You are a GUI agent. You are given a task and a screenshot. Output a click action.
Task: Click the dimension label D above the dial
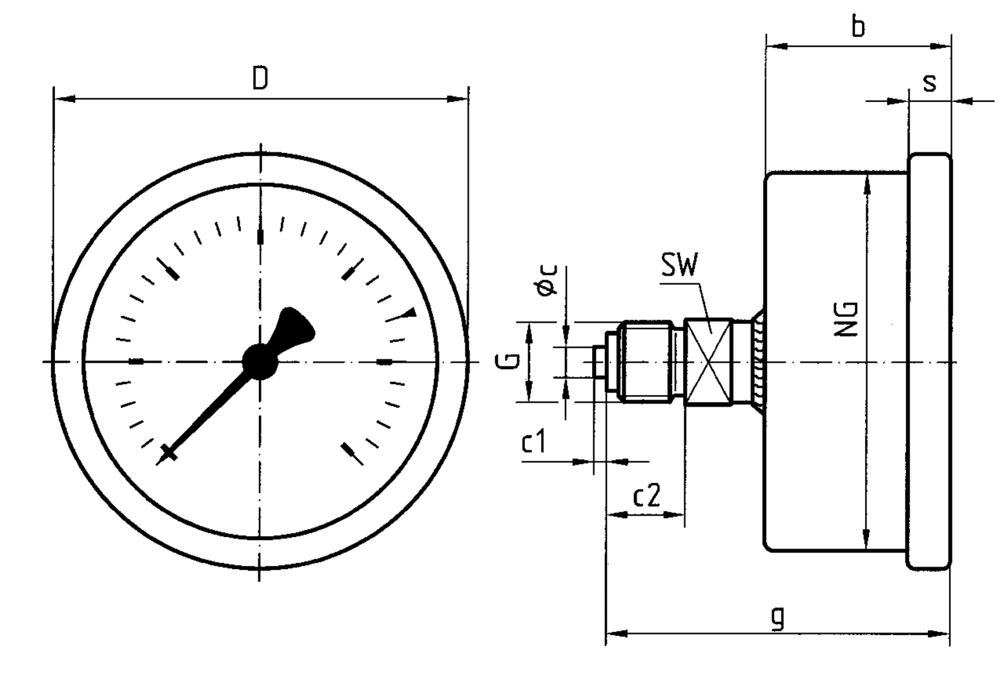click(x=260, y=79)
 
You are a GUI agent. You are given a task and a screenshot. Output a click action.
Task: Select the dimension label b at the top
click(x=857, y=28)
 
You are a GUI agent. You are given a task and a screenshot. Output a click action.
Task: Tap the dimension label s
click(x=929, y=83)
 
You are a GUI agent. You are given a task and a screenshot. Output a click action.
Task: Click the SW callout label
click(x=679, y=265)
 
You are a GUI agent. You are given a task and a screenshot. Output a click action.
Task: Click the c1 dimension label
click(x=534, y=443)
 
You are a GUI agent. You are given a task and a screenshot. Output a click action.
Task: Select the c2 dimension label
click(x=646, y=496)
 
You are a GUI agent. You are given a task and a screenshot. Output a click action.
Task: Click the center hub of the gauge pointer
click(x=260, y=361)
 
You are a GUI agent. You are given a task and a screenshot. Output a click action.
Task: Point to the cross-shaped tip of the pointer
click(x=168, y=453)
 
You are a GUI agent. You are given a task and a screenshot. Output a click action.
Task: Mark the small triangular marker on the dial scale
click(x=410, y=313)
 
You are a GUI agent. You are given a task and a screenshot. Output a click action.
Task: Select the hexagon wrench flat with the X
click(x=708, y=362)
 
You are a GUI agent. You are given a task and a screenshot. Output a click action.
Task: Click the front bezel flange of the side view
click(x=929, y=361)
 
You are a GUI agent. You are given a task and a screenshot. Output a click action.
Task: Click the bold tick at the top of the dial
click(x=260, y=237)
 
